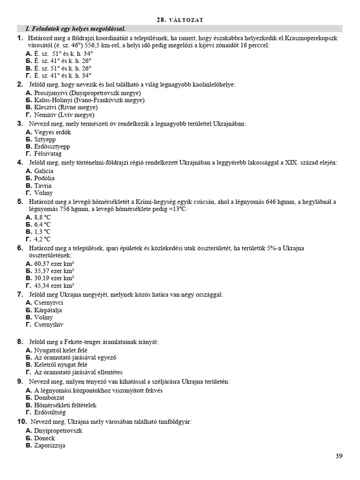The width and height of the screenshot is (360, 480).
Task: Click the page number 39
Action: [339, 456]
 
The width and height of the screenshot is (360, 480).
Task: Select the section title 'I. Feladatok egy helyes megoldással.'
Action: [72, 29]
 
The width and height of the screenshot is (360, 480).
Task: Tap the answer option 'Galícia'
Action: [44, 171]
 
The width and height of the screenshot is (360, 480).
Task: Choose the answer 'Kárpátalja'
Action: [48, 310]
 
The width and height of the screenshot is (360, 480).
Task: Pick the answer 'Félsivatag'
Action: [48, 153]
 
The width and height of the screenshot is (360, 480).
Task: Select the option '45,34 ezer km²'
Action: [54, 285]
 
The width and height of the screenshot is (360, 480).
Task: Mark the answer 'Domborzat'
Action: [50, 397]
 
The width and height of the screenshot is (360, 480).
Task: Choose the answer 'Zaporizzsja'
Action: [49, 445]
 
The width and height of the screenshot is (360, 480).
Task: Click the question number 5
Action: [20, 202]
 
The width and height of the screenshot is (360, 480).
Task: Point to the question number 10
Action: [22, 422]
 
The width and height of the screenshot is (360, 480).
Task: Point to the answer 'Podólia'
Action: [44, 178]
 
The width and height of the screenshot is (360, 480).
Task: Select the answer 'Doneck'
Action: [45, 438]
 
